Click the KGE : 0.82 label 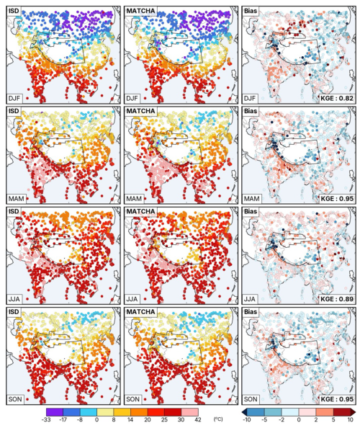pos(337,98)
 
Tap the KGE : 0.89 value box pos(337,299)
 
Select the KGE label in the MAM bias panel pos(337,198)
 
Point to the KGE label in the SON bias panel pos(337,399)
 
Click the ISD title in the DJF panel pos(14,11)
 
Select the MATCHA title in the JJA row pos(140,212)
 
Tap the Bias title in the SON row pos(251,312)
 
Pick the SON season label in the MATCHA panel pos(132,399)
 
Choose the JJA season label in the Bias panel pos(250,299)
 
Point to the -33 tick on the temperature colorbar pos(46,419)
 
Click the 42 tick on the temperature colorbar pos(198,419)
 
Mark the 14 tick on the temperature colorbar pos(130,419)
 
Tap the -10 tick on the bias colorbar pos(246,419)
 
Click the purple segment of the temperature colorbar pos(55,412)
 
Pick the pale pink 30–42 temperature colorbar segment pos(190,412)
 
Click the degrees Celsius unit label pos(218,419)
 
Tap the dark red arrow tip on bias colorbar pos(354,412)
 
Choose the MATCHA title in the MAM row pos(140,111)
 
